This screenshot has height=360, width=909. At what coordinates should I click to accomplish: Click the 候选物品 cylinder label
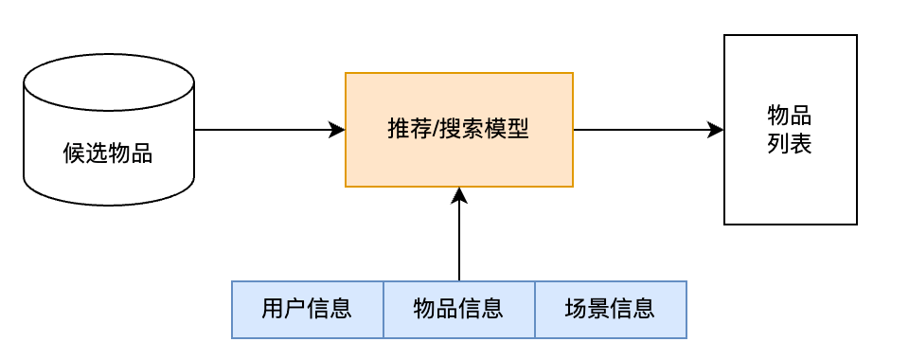[108, 153]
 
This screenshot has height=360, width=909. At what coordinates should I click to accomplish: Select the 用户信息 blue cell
[307, 309]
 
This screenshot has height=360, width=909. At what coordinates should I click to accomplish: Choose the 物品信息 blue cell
[458, 309]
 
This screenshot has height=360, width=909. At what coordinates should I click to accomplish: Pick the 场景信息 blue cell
[610, 309]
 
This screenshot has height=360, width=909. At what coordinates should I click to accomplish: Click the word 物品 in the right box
[790, 116]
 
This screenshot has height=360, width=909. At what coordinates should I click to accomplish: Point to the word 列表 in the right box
[790, 145]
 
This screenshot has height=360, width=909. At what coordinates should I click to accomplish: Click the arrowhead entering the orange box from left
[337, 130]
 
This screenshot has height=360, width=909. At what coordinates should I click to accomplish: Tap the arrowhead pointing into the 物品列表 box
[716, 130]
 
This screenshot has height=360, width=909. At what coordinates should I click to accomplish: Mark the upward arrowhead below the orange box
[459, 195]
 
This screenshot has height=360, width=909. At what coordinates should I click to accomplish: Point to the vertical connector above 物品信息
[459, 242]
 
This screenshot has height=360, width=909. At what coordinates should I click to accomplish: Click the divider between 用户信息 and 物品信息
[383, 309]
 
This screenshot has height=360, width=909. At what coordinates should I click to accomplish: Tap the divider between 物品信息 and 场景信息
[535, 309]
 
